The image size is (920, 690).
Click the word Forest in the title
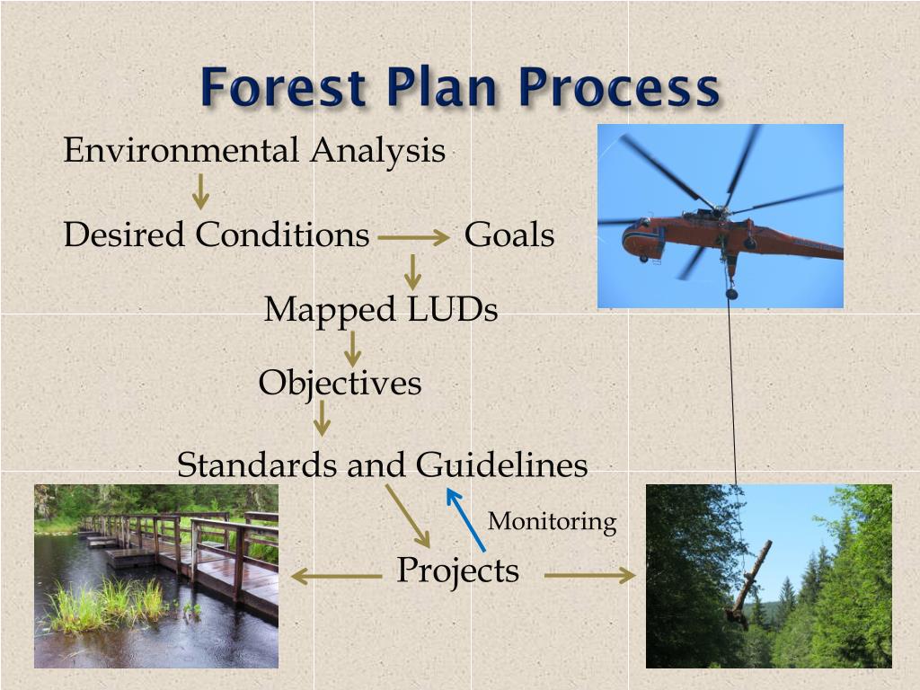click(284, 87)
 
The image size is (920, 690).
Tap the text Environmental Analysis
click(254, 151)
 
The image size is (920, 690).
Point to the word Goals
click(509, 234)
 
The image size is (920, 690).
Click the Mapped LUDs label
click(381, 309)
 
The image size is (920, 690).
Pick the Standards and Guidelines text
click(382, 464)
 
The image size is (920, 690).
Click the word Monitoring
click(553, 522)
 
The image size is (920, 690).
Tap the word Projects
click(457, 571)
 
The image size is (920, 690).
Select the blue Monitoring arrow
click(466, 520)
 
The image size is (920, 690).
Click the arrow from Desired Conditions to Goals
click(413, 237)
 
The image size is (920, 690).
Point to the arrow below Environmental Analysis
click(200, 191)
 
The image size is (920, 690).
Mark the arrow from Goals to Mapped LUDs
click(412, 271)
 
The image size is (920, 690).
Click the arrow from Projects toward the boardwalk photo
click(336, 576)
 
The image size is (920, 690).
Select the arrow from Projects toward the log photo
click(589, 576)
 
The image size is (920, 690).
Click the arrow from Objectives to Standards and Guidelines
click(322, 419)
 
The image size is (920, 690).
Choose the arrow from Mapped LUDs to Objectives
click(352, 349)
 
